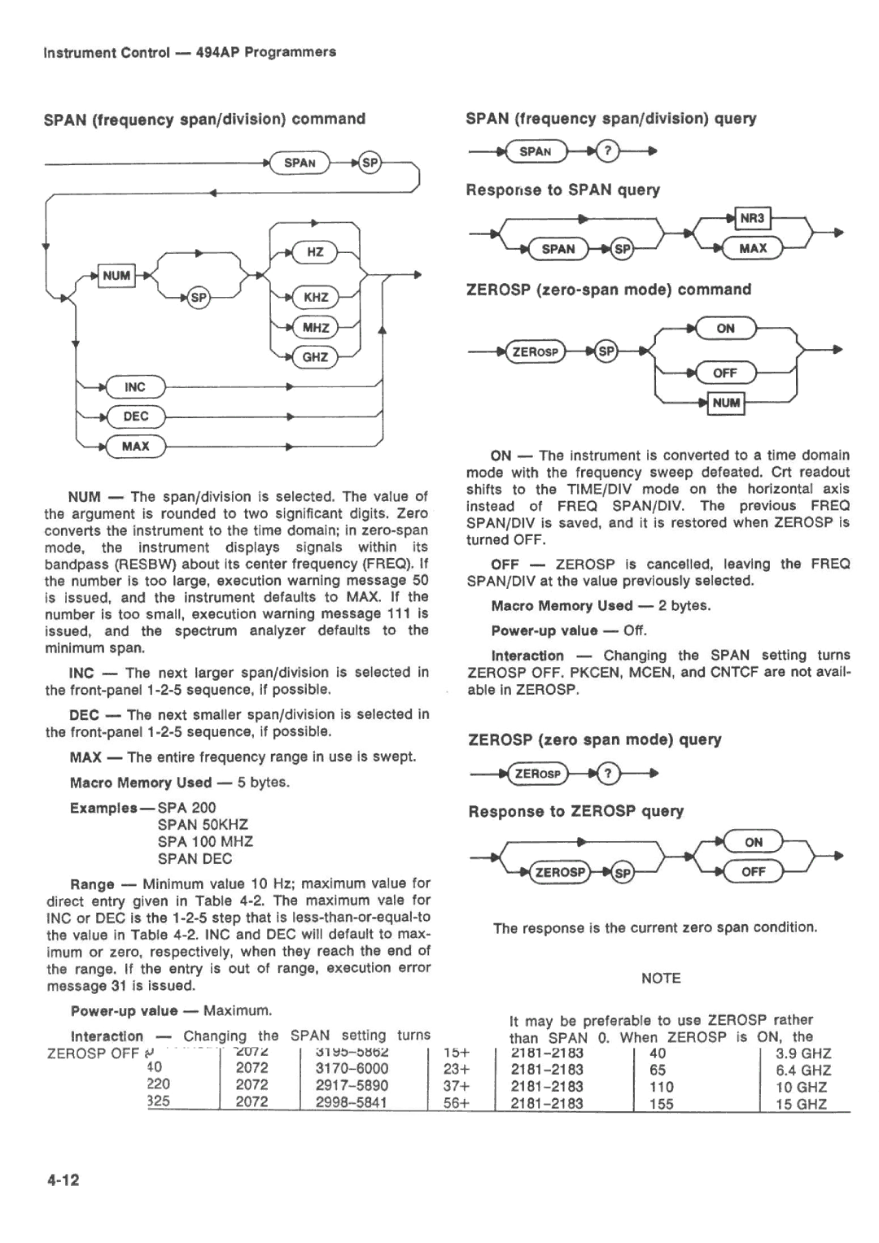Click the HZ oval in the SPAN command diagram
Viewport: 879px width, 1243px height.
[315, 252]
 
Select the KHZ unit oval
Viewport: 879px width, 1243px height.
[316, 297]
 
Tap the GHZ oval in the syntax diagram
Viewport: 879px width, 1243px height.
[315, 357]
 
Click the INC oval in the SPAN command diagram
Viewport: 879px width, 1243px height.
[135, 387]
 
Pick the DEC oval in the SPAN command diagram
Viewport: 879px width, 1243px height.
[136, 417]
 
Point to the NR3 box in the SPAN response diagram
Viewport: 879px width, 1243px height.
[753, 218]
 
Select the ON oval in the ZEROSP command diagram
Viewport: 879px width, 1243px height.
[725, 329]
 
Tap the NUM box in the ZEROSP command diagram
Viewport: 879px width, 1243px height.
[726, 402]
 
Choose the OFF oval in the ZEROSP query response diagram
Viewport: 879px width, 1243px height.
[753, 872]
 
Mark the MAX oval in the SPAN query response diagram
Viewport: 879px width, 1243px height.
[753, 248]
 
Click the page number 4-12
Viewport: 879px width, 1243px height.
[63, 1180]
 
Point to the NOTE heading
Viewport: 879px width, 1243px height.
[660, 979]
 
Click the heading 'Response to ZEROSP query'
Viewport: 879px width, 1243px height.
[575, 812]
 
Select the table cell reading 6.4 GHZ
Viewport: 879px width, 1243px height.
[803, 1070]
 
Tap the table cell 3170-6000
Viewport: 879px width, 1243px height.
[352, 1068]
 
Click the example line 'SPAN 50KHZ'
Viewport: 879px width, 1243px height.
[203, 825]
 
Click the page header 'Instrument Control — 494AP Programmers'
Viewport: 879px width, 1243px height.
[190, 52]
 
